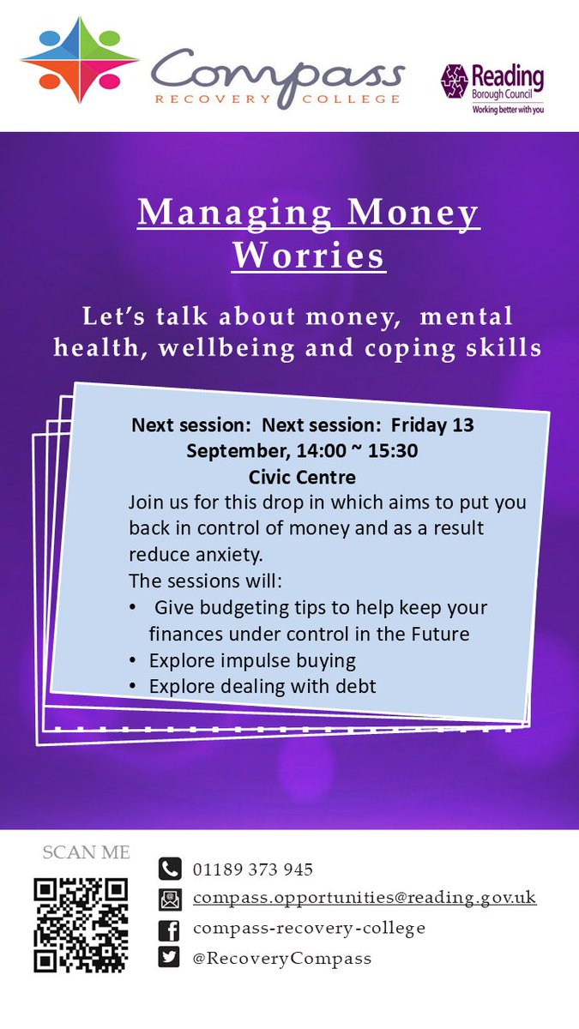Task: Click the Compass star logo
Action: pos(80,60)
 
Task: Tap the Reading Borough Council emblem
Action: pos(454,81)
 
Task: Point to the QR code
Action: pos(81,924)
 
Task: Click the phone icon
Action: pos(170,870)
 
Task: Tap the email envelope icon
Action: pos(170,900)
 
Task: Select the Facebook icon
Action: pos(170,929)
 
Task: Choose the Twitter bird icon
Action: pos(170,958)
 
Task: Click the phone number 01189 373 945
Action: pos(252,870)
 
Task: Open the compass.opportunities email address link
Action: pos(365,898)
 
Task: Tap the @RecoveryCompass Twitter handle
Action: pos(282,958)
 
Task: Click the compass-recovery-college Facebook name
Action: pos(309,928)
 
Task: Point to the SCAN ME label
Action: pos(87,852)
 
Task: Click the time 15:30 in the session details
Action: pos(394,450)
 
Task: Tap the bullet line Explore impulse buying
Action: pos(252,660)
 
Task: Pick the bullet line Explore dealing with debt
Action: pos(262,686)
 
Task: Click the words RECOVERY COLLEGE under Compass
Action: pos(277,99)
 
